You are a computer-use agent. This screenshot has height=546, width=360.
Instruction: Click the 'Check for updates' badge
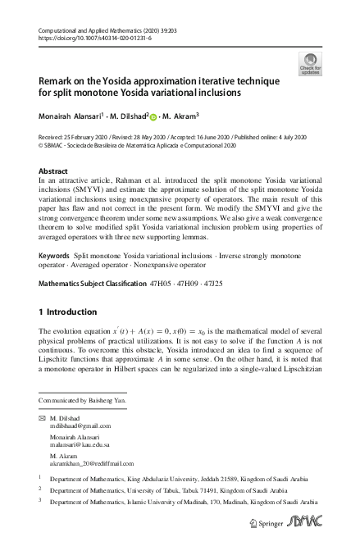(311, 64)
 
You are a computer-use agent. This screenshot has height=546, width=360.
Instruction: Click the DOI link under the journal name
(91, 39)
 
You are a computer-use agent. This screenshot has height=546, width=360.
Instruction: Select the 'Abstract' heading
(54, 171)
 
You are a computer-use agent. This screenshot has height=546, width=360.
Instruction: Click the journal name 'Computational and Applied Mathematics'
(98, 30)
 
